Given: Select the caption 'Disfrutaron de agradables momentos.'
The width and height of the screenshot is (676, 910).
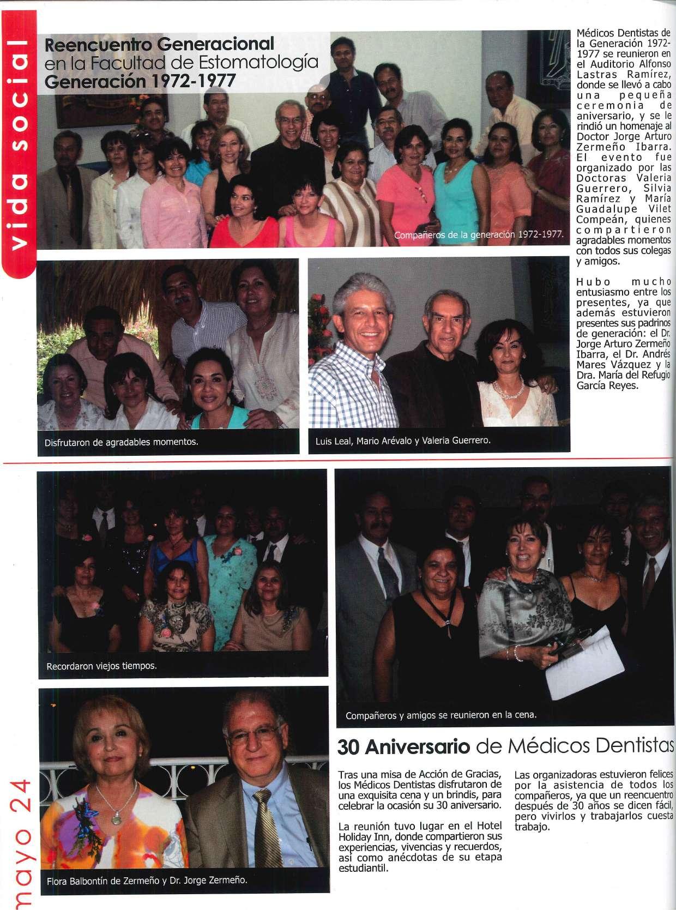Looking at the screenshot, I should click(x=121, y=442).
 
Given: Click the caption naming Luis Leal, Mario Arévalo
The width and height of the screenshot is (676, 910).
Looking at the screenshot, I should click(x=403, y=441).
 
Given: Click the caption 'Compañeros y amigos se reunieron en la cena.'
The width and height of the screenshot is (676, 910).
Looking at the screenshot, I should click(x=441, y=715).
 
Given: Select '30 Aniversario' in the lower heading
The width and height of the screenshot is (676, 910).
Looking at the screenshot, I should click(x=403, y=747).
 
